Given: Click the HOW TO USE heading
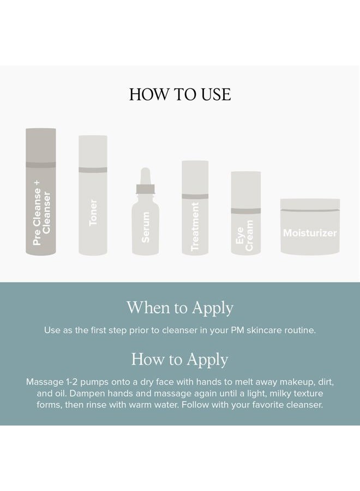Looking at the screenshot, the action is [x=180, y=94].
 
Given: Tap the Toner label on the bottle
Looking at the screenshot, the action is [x=93, y=212].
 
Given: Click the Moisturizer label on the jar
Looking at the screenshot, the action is [x=310, y=232].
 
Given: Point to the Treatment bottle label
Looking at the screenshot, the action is [x=195, y=226].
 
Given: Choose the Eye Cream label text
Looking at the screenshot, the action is [x=244, y=235].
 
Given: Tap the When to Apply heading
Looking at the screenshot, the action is [x=180, y=308].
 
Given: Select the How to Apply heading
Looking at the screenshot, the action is [x=179, y=359].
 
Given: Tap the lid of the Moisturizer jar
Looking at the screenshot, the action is [x=310, y=205].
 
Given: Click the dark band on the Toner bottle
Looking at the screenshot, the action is [x=93, y=170].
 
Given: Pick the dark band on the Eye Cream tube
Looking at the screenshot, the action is [x=246, y=211].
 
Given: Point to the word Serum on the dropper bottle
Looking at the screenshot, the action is [x=146, y=227].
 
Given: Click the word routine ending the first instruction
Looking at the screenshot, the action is [x=300, y=330].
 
